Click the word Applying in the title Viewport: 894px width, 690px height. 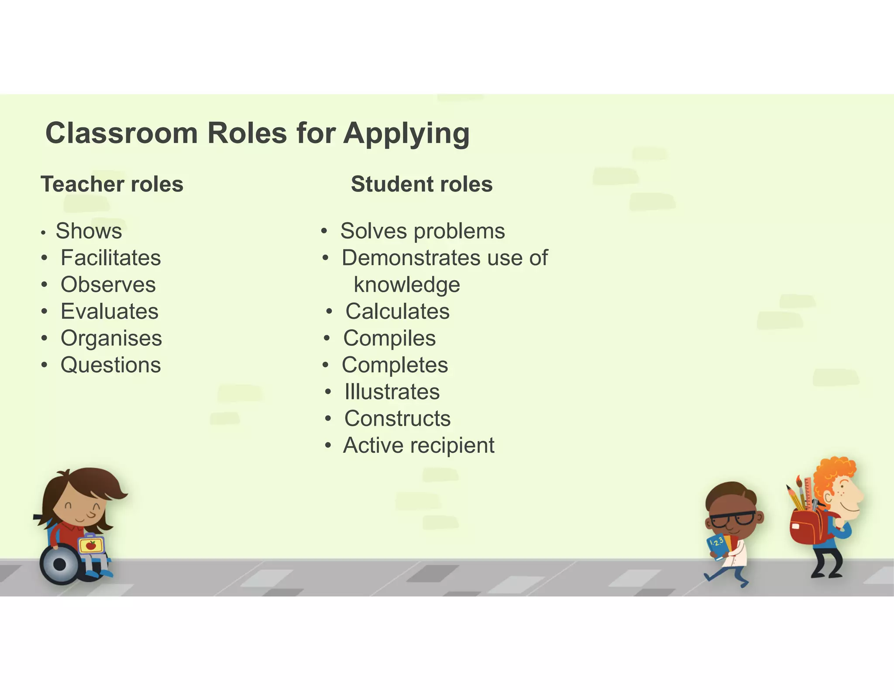coord(406,133)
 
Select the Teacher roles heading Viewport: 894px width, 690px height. coord(112,184)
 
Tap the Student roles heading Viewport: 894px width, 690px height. coord(422,184)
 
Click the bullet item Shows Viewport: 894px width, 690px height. coord(89,231)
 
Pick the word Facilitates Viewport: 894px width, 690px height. coord(111,258)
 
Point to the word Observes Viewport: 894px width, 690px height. coord(108,285)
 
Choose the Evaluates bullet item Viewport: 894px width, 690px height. coord(110,311)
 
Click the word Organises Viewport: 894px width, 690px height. coord(111,338)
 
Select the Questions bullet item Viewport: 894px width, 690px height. coord(111,365)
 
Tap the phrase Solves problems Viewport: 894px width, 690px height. coord(423,231)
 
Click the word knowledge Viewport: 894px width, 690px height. coord(407,285)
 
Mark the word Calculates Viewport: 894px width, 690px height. coord(398,311)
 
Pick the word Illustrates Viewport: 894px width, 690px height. coord(392,392)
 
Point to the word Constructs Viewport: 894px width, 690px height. coord(398,419)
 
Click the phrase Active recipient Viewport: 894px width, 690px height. coord(419,445)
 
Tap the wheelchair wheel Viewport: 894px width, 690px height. coord(60,564)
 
